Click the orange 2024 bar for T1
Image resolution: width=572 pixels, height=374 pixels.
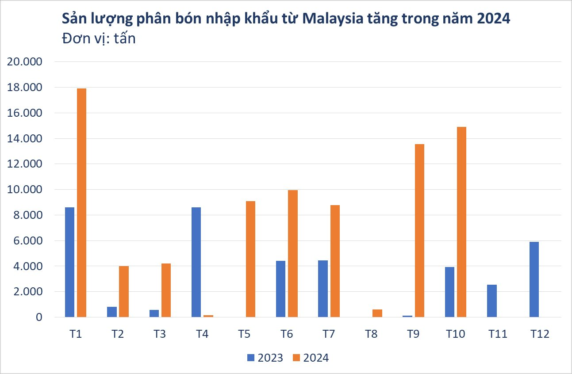pyautogui.click(x=81, y=202)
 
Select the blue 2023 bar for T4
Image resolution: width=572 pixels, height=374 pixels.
pyautogui.click(x=196, y=262)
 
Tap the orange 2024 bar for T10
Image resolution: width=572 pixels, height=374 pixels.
pyautogui.click(x=461, y=222)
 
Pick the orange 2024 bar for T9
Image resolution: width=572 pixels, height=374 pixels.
pyautogui.click(x=419, y=231)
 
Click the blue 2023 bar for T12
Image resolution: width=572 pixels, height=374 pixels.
pyautogui.click(x=534, y=279)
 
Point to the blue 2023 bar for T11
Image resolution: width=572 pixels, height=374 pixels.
pyautogui.click(x=491, y=301)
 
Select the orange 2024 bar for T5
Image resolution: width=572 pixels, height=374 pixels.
pyautogui.click(x=250, y=259)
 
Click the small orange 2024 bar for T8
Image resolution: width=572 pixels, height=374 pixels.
pyautogui.click(x=377, y=313)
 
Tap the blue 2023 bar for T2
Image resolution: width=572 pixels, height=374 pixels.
pyautogui.click(x=111, y=312)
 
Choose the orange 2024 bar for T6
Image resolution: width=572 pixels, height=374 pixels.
pyautogui.click(x=292, y=253)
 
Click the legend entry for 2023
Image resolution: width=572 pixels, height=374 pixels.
pyautogui.click(x=265, y=358)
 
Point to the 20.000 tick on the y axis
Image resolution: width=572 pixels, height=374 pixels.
pyautogui.click(x=25, y=62)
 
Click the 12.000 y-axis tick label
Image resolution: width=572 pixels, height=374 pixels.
pyautogui.click(x=25, y=164)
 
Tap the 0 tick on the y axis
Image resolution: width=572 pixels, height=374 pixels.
pyautogui.click(x=39, y=317)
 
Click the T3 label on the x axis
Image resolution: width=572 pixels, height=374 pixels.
pyautogui.click(x=160, y=334)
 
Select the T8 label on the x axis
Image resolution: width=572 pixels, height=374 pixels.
pyautogui.click(x=371, y=334)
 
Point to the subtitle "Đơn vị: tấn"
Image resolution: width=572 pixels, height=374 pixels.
pyautogui.click(x=99, y=39)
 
